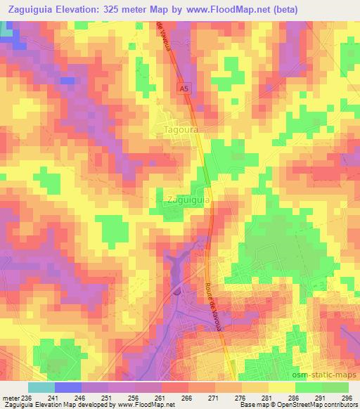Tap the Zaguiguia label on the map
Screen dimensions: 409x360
click(188, 200)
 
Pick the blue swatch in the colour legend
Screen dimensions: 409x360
click(67, 387)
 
